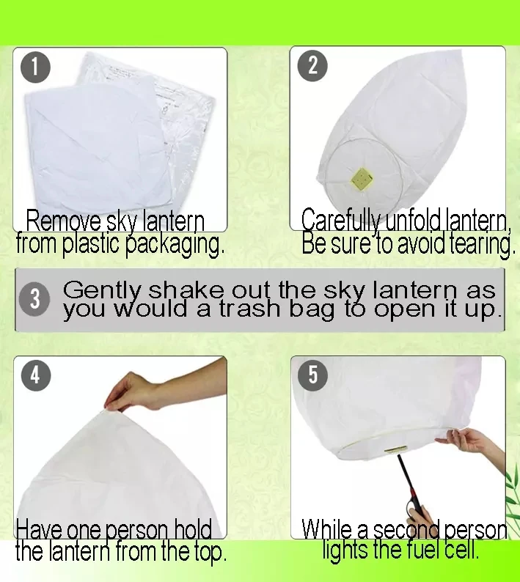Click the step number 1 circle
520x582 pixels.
click(35, 67)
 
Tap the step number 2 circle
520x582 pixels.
click(312, 66)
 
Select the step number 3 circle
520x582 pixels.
click(34, 299)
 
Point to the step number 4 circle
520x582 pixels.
click(35, 375)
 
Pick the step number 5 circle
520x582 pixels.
click(312, 375)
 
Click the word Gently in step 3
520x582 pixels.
click(102, 291)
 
